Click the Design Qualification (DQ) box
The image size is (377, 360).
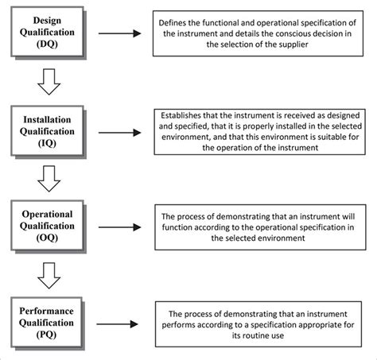pyautogui.click(x=47, y=32)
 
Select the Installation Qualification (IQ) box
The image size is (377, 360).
pyautogui.click(x=47, y=130)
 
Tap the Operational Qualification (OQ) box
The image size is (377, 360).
pyautogui.click(x=47, y=225)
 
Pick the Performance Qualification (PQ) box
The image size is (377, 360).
pyautogui.click(x=46, y=322)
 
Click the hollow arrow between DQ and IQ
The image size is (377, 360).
pyautogui.click(x=49, y=82)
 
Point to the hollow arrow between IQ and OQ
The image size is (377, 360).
pyautogui.click(x=49, y=179)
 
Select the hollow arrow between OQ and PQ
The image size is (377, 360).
pyautogui.click(x=49, y=276)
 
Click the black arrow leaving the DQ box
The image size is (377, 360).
pyautogui.click(x=120, y=33)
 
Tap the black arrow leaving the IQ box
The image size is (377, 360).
pyautogui.click(x=120, y=133)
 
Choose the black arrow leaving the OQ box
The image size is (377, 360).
pyautogui.click(x=120, y=227)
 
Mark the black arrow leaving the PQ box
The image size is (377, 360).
pyautogui.click(x=118, y=324)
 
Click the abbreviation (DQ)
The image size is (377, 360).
pyautogui.click(x=47, y=44)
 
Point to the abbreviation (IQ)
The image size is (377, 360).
pyautogui.click(x=47, y=143)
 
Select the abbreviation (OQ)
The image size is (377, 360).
pyautogui.click(x=47, y=238)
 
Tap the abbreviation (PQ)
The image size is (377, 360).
pyautogui.click(x=46, y=335)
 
